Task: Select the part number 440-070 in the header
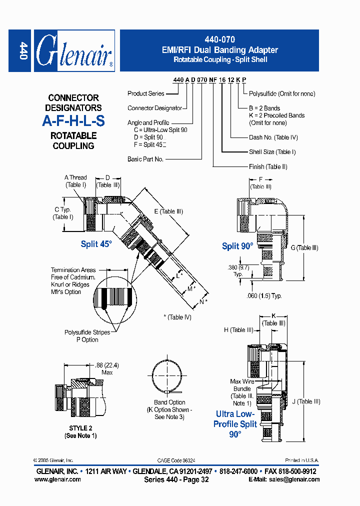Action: pos(220,39)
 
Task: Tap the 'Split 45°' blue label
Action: pos(96,244)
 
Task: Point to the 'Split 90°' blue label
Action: pos(237,246)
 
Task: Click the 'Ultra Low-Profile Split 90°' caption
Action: pos(235,424)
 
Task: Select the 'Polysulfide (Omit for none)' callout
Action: pos(282,93)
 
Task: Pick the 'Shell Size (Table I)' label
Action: pos(272,152)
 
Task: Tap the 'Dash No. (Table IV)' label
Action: pos(273,137)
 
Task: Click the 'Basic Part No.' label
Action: pos(145,159)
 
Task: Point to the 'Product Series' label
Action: pos(145,93)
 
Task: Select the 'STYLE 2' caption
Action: pos(80,428)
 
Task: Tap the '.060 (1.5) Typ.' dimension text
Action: pos(264,295)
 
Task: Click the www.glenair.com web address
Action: pos(57,479)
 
